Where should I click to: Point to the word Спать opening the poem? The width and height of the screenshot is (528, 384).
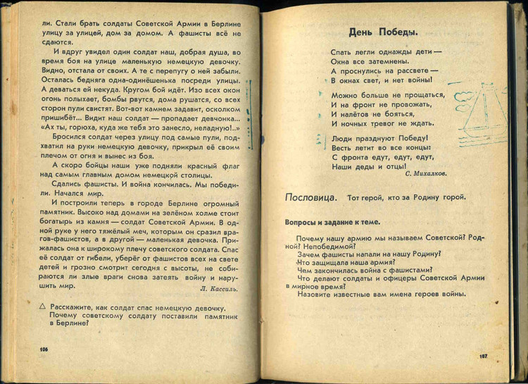coord(342,52)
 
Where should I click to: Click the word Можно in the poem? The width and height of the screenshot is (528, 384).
coord(345,94)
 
